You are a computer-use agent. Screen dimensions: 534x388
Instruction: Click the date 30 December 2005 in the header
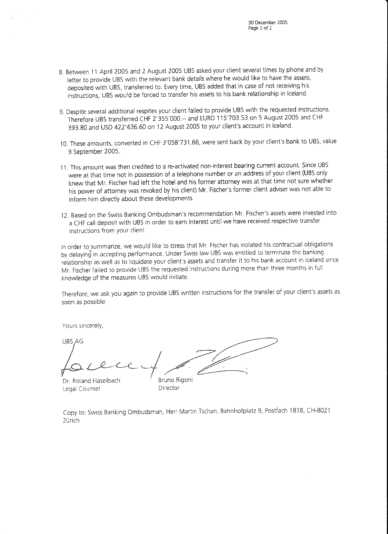267,22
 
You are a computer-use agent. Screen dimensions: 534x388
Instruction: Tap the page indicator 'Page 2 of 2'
260,28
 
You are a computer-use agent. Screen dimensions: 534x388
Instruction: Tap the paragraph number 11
64,168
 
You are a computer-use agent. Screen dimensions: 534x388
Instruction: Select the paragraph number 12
64,216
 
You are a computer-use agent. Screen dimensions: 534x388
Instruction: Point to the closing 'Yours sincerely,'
83,326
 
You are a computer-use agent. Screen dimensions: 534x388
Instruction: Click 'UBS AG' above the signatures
72,341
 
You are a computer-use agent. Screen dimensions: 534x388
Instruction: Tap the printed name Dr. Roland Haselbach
91,381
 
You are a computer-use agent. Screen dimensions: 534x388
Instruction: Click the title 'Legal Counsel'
81,389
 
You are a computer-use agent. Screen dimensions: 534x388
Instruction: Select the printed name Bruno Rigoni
175,380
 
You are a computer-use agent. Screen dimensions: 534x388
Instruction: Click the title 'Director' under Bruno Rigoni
169,388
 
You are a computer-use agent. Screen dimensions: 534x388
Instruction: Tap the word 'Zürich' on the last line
70,421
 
